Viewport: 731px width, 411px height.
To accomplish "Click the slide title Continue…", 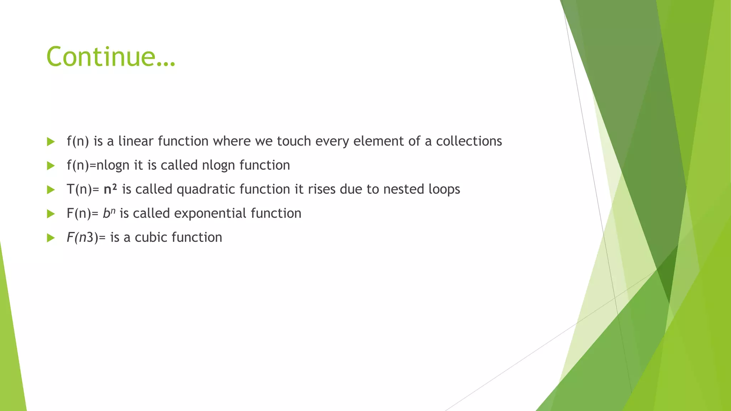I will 111,57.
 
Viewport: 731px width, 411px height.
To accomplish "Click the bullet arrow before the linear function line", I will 51,142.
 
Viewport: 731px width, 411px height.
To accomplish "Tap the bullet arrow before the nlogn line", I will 51,166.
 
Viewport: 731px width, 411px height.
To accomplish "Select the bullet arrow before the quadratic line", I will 51,189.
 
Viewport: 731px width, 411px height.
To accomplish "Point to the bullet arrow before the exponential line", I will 51,214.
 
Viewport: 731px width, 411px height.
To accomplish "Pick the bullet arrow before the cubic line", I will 51,238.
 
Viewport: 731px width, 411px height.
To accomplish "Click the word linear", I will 136,141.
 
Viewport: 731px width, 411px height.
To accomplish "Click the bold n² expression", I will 110,189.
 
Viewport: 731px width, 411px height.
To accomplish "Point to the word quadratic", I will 206,189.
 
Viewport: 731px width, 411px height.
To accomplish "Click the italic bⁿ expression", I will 109,213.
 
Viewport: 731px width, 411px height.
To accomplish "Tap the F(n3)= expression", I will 86,237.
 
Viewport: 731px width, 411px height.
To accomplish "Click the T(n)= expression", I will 83,189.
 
